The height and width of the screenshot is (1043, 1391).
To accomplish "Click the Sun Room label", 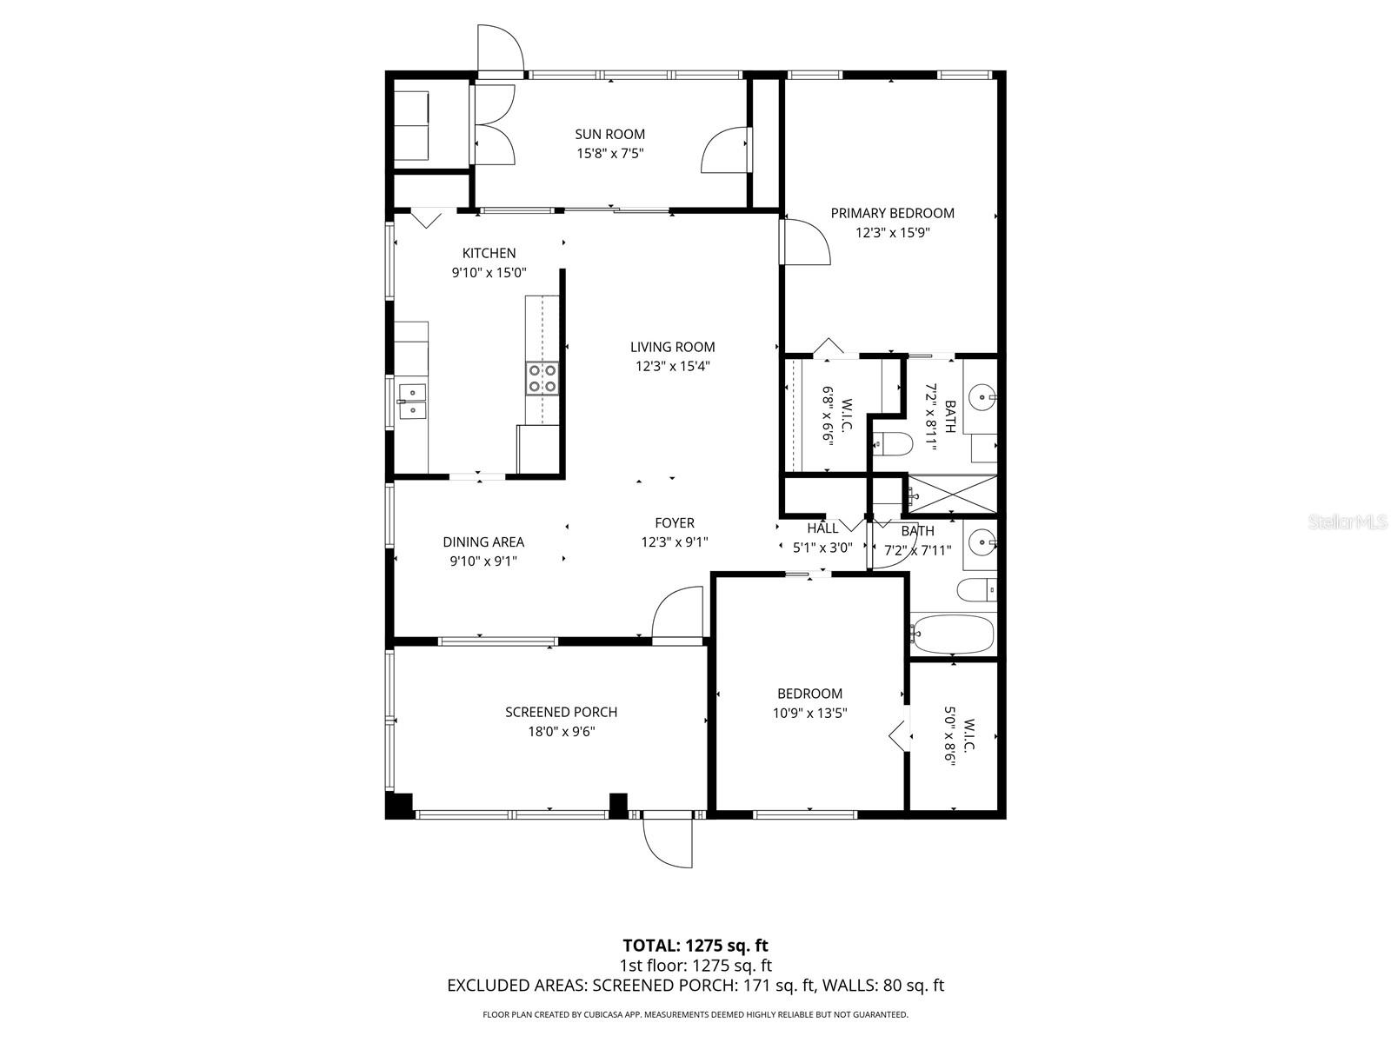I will tap(609, 134).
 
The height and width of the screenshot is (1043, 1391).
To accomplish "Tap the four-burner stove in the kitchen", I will tap(541, 379).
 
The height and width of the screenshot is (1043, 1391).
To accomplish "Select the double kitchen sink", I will tap(412, 402).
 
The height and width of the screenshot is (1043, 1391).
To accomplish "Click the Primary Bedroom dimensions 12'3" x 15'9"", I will tap(892, 233).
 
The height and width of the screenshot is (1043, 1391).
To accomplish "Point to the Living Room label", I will tap(672, 347).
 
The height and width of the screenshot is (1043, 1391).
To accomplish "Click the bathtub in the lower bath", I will tap(952, 634).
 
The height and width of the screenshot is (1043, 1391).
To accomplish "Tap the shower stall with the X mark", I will tap(952, 494).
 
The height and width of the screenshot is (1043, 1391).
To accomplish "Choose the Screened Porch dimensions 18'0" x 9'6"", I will tap(561, 732).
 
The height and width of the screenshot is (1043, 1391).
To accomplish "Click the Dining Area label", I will tap(483, 541).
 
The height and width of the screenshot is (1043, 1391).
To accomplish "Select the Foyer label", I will tap(675, 522).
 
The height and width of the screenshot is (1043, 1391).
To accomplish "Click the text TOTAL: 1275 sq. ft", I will tap(695, 945).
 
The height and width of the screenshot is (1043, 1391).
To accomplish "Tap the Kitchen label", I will tap(489, 253).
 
